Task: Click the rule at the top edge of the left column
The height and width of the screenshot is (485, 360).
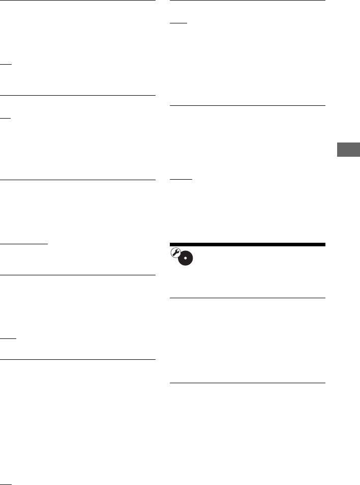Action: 77,1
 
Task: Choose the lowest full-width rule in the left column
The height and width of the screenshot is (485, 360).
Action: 77,360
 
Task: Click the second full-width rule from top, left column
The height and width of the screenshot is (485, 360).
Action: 77,95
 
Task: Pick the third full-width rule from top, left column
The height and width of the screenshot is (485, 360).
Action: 77,180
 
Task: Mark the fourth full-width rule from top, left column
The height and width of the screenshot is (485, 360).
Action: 77,275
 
